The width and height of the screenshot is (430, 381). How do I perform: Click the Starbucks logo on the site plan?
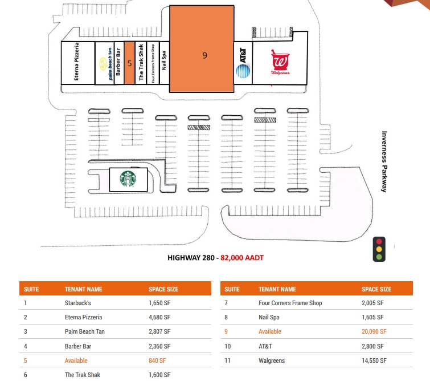pyautogui.click(x=128, y=179)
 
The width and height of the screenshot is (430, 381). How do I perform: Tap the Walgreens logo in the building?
pyautogui.click(x=280, y=62)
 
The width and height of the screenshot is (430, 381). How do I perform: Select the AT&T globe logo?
pyautogui.click(x=243, y=71)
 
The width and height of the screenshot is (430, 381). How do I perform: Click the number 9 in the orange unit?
pyautogui.click(x=204, y=55)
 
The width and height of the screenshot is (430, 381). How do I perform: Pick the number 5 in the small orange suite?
pyautogui.click(x=129, y=63)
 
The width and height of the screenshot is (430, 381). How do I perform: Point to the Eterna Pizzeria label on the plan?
pyautogui.click(x=76, y=61)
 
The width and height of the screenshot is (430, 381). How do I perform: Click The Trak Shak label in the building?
pyautogui.click(x=141, y=62)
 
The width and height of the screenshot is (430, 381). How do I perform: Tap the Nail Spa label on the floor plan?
pyautogui.click(x=164, y=60)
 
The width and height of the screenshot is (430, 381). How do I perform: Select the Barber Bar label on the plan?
pyautogui.click(x=118, y=62)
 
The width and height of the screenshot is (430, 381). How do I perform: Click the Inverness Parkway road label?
pyautogui.click(x=384, y=161)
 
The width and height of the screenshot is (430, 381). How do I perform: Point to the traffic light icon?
pyautogui.click(x=379, y=249)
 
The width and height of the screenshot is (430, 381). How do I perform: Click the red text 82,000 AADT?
pyautogui.click(x=242, y=258)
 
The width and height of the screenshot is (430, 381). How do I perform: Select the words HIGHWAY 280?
pyautogui.click(x=191, y=258)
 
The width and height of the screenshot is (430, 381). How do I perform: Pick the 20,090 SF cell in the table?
pyautogui.click(x=374, y=331)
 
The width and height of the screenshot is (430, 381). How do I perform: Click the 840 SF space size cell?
pyautogui.click(x=157, y=360)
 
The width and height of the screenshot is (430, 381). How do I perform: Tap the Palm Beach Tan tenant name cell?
pyautogui.click(x=85, y=331)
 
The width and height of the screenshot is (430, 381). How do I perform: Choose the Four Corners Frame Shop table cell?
pyautogui.click(x=290, y=303)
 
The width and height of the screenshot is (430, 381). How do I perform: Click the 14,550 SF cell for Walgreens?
pyautogui.click(x=374, y=360)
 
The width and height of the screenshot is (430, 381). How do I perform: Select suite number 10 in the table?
pyautogui.click(x=228, y=346)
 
